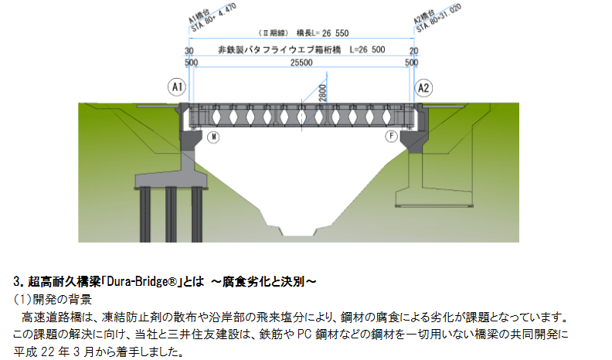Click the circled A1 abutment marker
click(176, 87)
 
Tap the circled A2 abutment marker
click(423, 87)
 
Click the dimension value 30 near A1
click(189, 50)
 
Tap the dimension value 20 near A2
click(414, 50)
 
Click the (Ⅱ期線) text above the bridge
click(273, 33)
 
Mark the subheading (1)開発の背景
click(53, 299)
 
